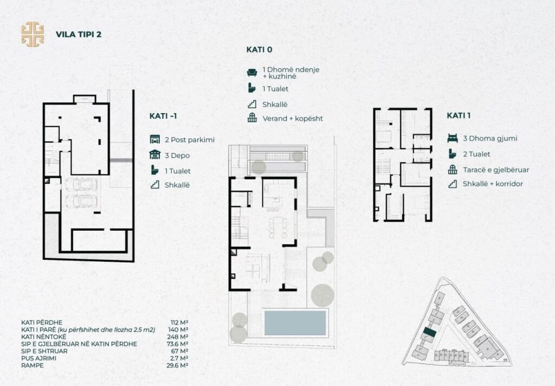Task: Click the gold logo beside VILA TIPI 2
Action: coord(33,34)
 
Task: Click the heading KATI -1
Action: coord(163,116)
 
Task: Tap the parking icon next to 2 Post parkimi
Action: coord(154,140)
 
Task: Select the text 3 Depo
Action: coord(177,155)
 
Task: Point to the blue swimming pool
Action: coord(295,323)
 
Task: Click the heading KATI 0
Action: coord(259,49)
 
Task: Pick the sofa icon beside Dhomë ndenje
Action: coord(251,73)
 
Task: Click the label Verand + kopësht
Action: coord(293,119)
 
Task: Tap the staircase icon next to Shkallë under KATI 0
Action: coord(251,104)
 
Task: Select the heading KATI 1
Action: coord(459,116)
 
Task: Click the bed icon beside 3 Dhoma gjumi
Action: coord(453,138)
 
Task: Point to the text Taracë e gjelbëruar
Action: coord(496,169)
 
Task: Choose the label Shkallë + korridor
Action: coord(493,184)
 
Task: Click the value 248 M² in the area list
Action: coord(179,337)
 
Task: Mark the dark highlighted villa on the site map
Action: coord(429,332)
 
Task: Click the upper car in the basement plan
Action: coord(81,185)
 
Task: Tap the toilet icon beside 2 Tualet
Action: coord(452,154)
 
